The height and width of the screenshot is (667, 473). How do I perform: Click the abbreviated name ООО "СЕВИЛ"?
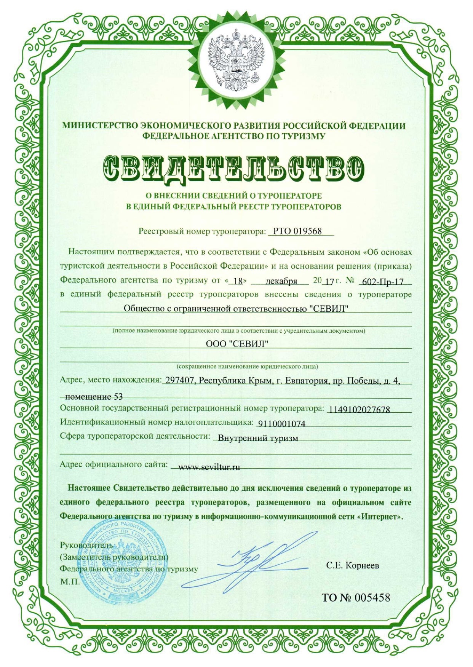[237, 344]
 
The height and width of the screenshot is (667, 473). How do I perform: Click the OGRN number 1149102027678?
[359, 410]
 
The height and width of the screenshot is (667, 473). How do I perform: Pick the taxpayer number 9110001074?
[281, 424]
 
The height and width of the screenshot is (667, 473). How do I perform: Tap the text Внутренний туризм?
[257, 438]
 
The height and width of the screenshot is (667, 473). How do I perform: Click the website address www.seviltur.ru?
[209, 467]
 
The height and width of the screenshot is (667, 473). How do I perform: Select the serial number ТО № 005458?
[356, 598]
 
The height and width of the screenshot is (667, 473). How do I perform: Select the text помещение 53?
[94, 397]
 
